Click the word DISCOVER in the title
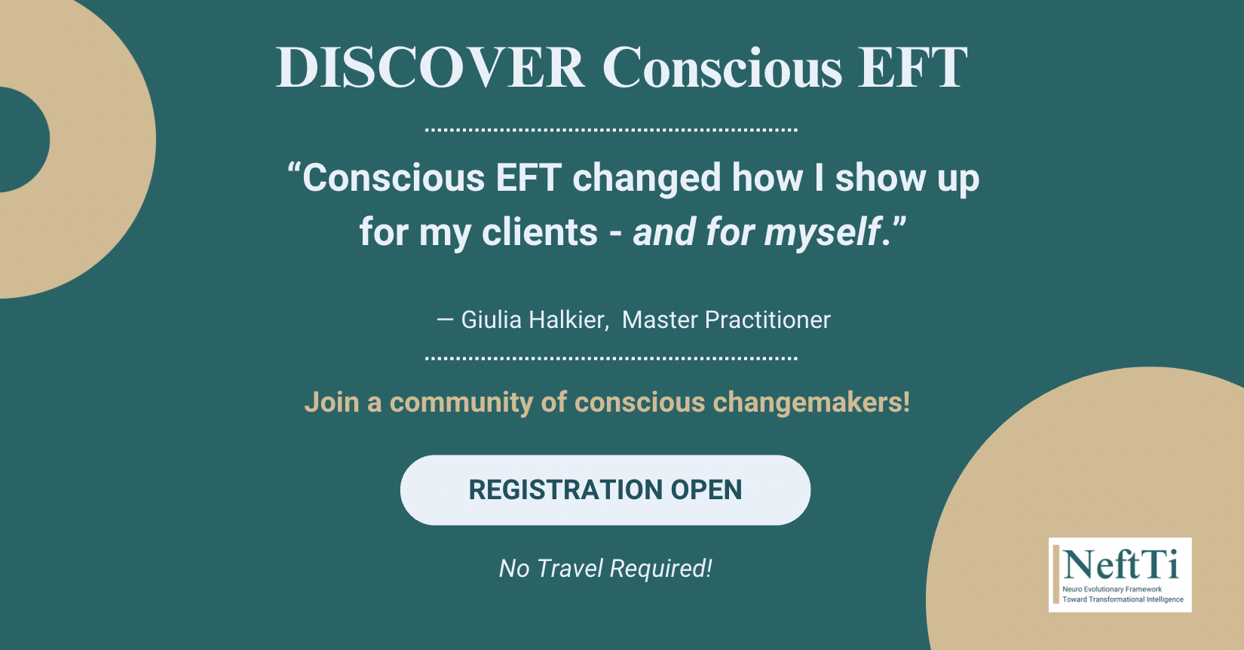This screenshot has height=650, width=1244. (x=430, y=67)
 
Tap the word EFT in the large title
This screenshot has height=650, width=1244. (x=913, y=67)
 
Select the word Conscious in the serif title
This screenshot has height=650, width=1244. (x=722, y=68)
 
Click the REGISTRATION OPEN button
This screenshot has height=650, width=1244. (x=605, y=490)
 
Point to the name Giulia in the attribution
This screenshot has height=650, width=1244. (x=492, y=320)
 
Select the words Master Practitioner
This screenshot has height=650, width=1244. (x=726, y=320)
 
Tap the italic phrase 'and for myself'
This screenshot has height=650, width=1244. (x=757, y=231)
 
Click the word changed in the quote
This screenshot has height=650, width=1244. (x=646, y=179)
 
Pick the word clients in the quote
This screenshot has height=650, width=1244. (x=540, y=231)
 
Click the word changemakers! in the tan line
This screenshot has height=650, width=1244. (x=811, y=402)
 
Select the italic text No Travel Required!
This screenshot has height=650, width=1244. (x=605, y=569)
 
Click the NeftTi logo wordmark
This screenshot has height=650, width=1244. (x=1121, y=564)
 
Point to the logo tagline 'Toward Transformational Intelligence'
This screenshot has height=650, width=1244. (x=1123, y=599)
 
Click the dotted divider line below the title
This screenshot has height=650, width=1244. (x=611, y=130)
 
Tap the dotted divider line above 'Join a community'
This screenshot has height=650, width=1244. (x=611, y=358)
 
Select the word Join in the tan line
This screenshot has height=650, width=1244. (x=332, y=402)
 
